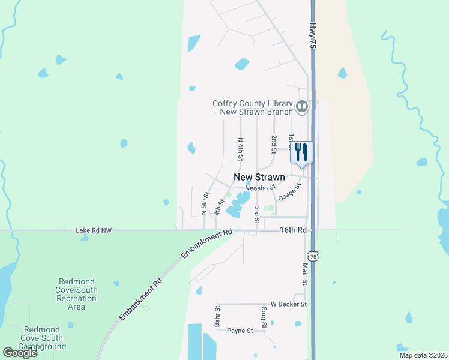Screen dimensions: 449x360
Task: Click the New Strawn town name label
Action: coord(259,177)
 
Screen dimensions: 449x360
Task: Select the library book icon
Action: coord(302,107)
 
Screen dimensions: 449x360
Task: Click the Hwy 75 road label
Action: coord(313,36)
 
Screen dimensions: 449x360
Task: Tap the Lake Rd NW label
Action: coord(94,230)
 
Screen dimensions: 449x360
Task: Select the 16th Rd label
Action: coord(294,230)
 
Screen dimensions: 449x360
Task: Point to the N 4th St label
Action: coord(240,149)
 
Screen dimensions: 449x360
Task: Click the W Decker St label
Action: coord(289,304)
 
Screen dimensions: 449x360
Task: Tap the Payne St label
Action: coord(239,331)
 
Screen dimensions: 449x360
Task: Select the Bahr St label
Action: coord(218,317)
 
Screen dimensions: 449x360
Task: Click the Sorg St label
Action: coord(264,317)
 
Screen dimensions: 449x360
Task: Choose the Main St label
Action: coord(305,274)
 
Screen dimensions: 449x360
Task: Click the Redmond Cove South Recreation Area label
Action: coord(76,294)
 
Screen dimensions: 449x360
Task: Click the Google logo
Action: coord(20,352)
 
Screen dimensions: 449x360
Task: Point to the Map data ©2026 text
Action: coord(423,355)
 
